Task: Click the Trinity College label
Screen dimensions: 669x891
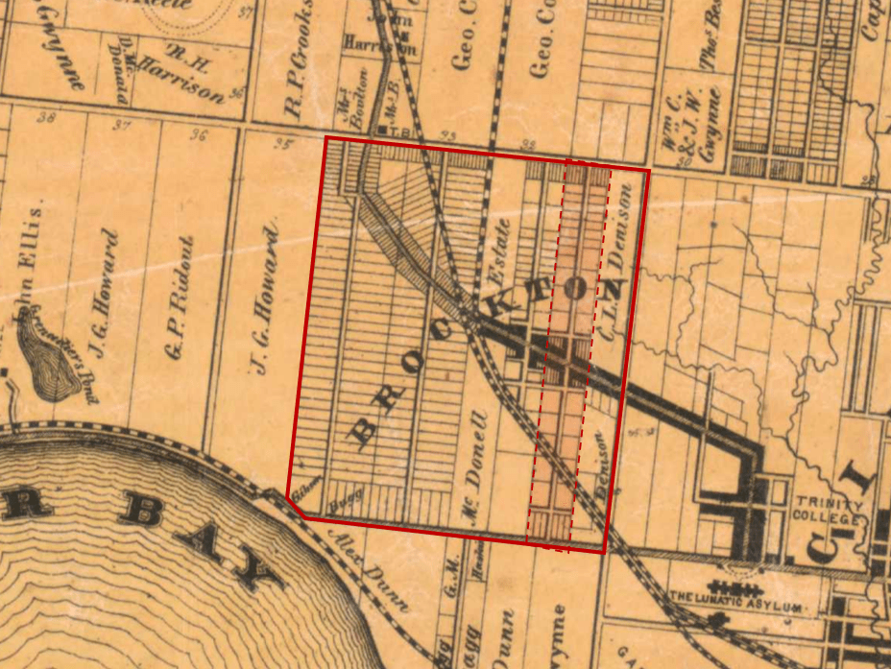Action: point(829,512)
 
